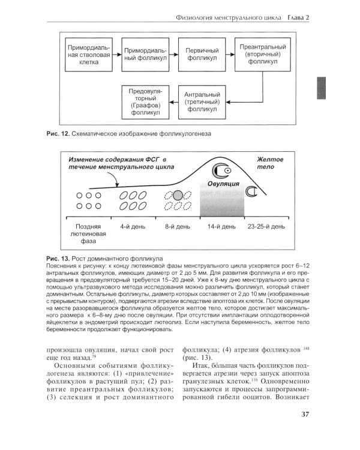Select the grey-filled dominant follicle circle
pos(178,194)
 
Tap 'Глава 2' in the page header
pos(298,16)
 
